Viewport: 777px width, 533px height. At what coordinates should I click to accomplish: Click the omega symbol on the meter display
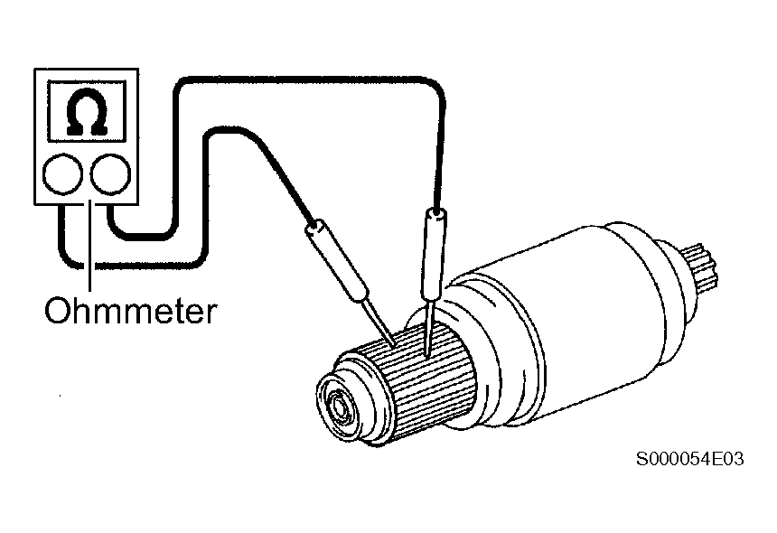point(87,111)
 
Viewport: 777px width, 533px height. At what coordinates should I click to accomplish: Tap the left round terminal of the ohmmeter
point(62,174)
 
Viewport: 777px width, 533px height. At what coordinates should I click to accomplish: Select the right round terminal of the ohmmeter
point(110,174)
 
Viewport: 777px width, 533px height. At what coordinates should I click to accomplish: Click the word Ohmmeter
point(131,311)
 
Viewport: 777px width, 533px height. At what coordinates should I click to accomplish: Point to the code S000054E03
point(689,459)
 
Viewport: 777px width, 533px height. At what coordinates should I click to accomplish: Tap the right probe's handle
point(432,257)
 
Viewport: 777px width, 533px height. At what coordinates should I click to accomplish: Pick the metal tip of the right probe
point(428,330)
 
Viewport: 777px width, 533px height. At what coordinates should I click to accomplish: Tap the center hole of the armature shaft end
point(339,407)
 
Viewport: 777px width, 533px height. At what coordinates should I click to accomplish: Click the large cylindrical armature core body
point(555,322)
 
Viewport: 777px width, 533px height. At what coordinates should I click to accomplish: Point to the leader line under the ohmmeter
point(89,246)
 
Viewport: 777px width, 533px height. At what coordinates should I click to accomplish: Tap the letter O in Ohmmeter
point(56,311)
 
